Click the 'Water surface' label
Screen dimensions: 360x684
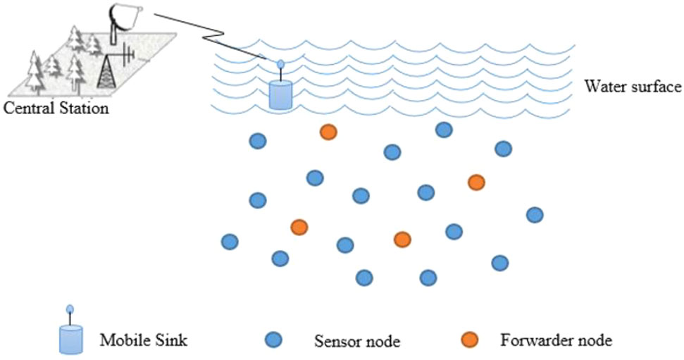tap(633, 87)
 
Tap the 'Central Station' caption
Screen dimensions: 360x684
tap(56, 108)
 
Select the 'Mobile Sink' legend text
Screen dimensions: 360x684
tap(144, 341)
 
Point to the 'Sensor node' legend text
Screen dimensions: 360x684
tap(356, 342)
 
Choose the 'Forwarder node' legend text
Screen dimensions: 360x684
tap(556, 341)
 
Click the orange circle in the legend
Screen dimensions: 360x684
tap(471, 340)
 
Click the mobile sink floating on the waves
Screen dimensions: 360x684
tap(280, 94)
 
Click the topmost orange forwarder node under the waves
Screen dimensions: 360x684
tap(328, 132)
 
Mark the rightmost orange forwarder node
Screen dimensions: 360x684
tap(476, 182)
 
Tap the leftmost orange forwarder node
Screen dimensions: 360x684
tap(299, 227)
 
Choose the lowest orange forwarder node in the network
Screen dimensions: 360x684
tap(402, 239)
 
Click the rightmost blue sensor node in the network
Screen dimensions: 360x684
tap(535, 214)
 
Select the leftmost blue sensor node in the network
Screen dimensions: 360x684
tap(230, 242)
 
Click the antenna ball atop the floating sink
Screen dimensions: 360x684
tap(280, 64)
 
